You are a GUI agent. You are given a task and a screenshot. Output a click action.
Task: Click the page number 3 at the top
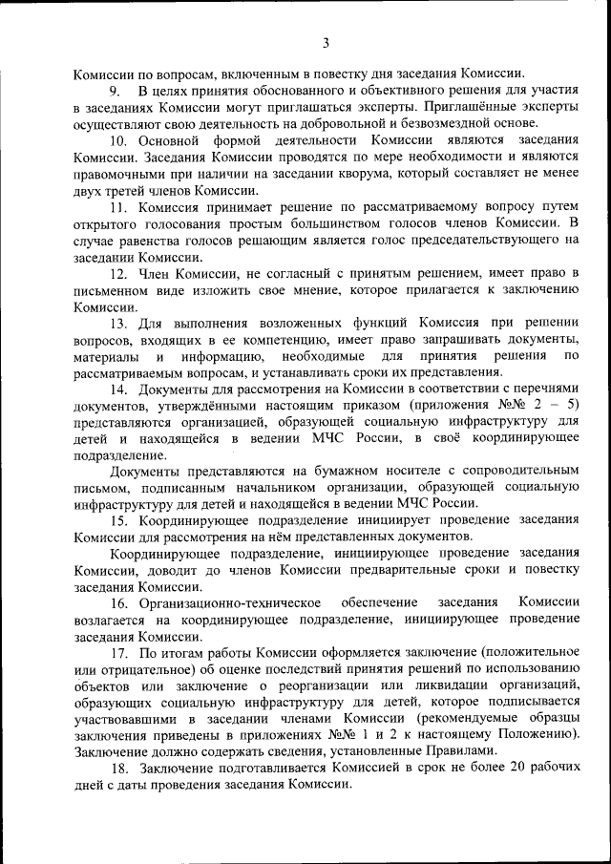(325, 42)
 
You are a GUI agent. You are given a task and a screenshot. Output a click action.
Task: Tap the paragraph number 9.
(114, 91)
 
